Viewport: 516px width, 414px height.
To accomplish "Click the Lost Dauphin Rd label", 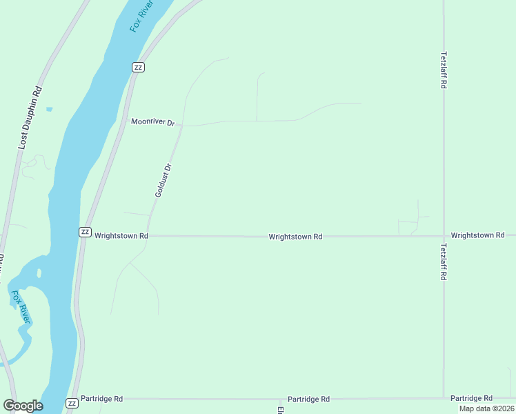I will pyautogui.click(x=30, y=118).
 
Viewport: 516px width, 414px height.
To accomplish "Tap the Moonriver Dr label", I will pyautogui.click(x=154, y=122).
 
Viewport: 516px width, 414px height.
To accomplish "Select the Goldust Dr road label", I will pyautogui.click(x=163, y=180).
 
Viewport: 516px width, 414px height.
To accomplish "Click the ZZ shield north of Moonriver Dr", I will pyautogui.click(x=139, y=67).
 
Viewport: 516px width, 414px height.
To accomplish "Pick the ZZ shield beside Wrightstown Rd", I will pyautogui.click(x=85, y=232).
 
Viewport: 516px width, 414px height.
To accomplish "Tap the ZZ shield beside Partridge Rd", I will pyautogui.click(x=72, y=403).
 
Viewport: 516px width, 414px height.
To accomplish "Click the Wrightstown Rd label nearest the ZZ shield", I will pyautogui.click(x=121, y=235).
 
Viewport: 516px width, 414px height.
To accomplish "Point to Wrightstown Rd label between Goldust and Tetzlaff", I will pyautogui.click(x=295, y=237).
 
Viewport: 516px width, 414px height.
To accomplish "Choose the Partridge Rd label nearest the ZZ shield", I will pyautogui.click(x=101, y=399).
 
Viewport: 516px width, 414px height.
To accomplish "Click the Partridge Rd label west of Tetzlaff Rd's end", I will pyautogui.click(x=308, y=400).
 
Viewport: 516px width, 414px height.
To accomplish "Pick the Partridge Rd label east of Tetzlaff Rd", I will pyautogui.click(x=471, y=399).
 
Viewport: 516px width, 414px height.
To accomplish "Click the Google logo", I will pyautogui.click(x=23, y=406).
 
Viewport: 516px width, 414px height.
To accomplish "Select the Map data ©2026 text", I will pyautogui.click(x=486, y=408).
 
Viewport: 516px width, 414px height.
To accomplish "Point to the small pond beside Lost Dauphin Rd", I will pyautogui.click(x=49, y=109).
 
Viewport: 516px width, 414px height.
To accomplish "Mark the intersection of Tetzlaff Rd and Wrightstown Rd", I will pyautogui.click(x=444, y=236).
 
